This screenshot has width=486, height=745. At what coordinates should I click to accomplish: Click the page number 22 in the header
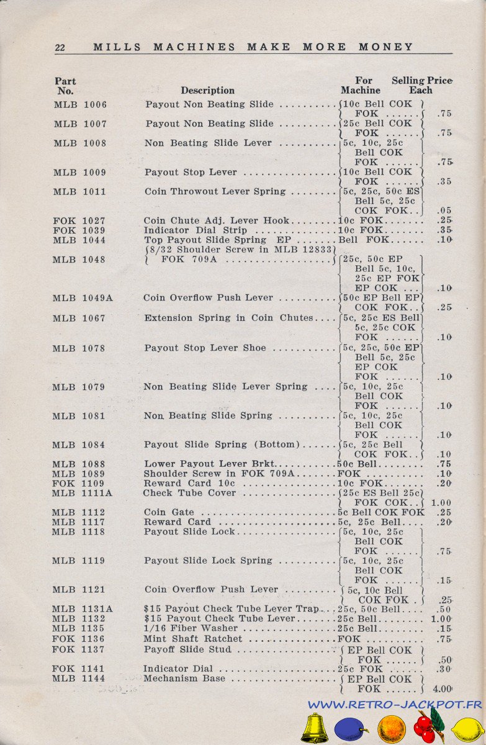coord(60,48)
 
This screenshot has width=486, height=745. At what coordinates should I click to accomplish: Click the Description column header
coord(207,91)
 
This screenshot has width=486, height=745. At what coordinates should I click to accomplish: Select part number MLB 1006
coord(80,105)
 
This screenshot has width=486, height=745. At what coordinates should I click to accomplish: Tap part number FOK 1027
coord(79,221)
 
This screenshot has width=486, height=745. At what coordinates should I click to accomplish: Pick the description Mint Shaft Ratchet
coord(193,639)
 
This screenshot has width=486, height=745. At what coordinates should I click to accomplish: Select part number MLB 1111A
coord(83,493)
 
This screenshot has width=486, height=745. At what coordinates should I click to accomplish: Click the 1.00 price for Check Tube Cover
coord(441,503)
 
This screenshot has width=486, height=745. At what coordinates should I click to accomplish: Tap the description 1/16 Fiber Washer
coord(191,629)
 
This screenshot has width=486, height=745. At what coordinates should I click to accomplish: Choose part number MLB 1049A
coord(83,298)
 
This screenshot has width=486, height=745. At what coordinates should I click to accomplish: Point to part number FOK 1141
coord(79,669)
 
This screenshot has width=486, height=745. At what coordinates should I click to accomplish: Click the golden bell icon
coord(315,728)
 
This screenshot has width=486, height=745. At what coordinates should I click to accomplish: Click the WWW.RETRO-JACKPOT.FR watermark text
coord(395,705)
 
